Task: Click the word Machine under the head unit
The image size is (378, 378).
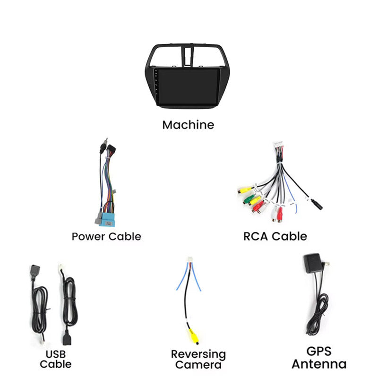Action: (x=188, y=125)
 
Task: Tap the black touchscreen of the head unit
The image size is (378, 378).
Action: (x=189, y=87)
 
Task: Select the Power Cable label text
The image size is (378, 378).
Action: (x=106, y=237)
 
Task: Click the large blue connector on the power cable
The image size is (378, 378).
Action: (x=107, y=219)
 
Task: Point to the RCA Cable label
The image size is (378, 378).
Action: (x=275, y=236)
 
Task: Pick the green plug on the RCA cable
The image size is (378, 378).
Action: (x=249, y=198)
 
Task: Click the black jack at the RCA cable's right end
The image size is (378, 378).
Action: (x=317, y=204)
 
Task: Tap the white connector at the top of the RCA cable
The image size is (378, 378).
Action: (x=279, y=146)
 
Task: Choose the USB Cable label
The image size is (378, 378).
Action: (x=56, y=359)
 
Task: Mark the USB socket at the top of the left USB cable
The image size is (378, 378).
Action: (x=35, y=270)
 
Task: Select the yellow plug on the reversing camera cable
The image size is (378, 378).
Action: (x=193, y=336)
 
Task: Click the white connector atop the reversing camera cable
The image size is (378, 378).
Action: (x=190, y=259)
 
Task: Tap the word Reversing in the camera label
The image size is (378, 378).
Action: (x=198, y=355)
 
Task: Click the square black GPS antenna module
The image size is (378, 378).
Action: (x=312, y=263)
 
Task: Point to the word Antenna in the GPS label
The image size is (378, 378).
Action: (x=319, y=364)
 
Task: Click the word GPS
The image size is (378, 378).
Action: (x=319, y=351)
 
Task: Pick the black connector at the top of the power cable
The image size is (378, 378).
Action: (x=111, y=150)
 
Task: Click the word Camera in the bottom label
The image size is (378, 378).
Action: (x=198, y=365)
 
